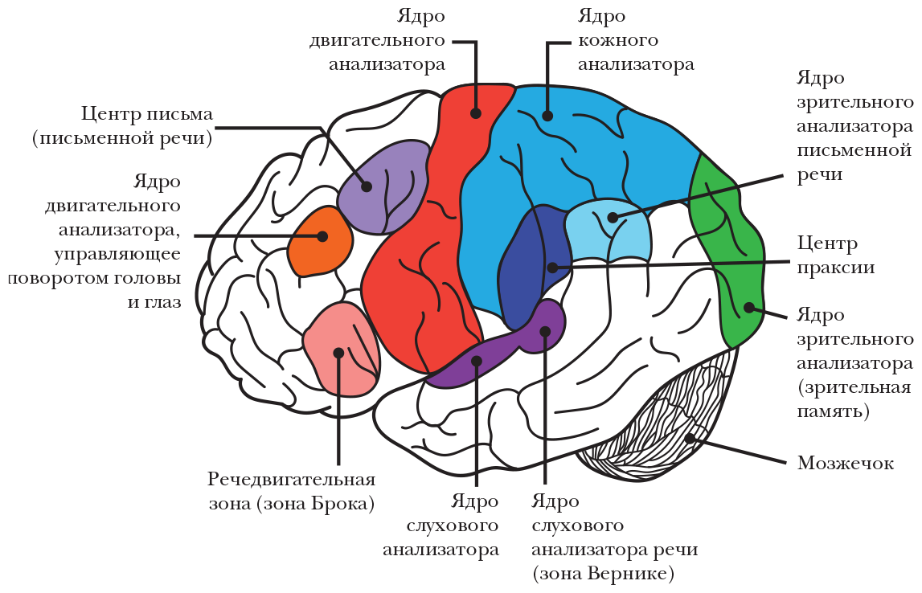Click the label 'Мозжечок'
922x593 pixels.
(845, 464)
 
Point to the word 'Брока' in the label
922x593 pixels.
(327, 504)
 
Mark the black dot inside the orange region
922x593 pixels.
(322, 236)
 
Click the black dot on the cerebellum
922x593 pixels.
(689, 439)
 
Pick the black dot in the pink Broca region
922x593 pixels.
(338, 353)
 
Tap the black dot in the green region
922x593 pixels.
(748, 306)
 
